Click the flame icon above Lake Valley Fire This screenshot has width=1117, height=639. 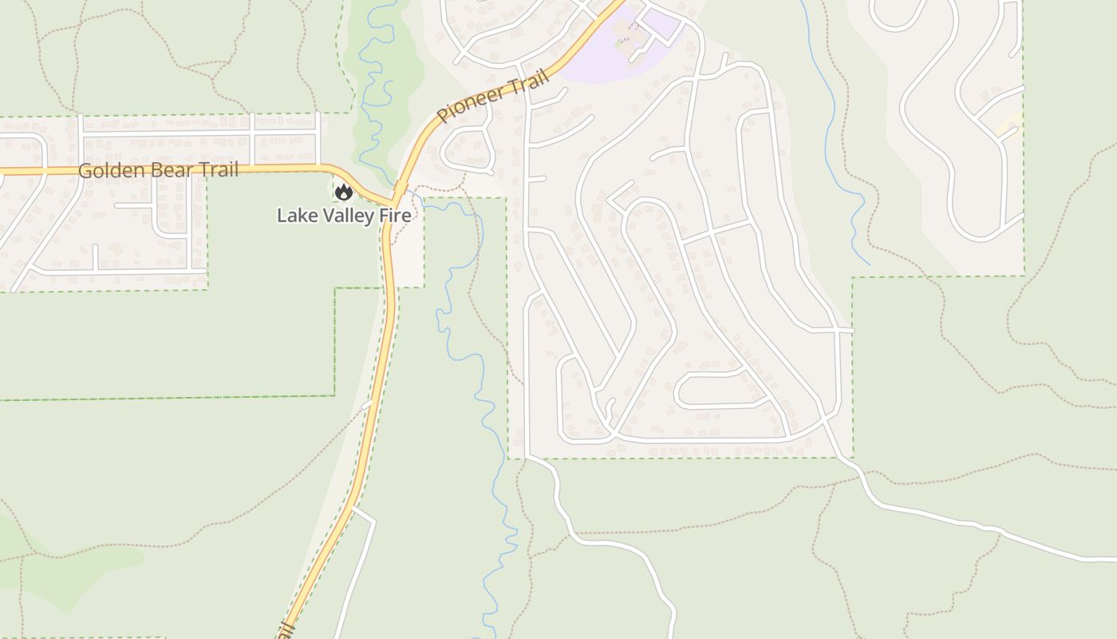(x=344, y=192)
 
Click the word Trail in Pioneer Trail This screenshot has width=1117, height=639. (x=531, y=81)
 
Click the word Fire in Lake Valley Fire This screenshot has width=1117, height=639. (x=396, y=216)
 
